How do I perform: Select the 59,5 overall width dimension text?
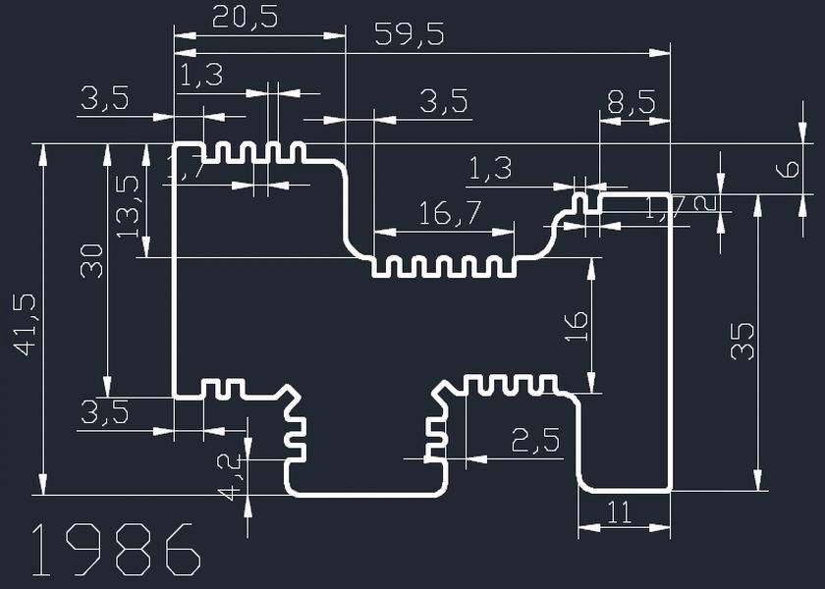[410, 35]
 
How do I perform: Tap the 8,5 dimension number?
[628, 102]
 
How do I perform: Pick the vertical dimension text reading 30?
[91, 262]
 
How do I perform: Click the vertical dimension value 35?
[743, 341]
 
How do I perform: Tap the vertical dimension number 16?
[577, 326]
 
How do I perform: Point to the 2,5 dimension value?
[535, 441]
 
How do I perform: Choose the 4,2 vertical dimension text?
[229, 476]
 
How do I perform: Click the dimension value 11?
[618, 511]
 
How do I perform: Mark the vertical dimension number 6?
[788, 169]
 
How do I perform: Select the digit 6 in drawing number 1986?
[182, 550]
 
